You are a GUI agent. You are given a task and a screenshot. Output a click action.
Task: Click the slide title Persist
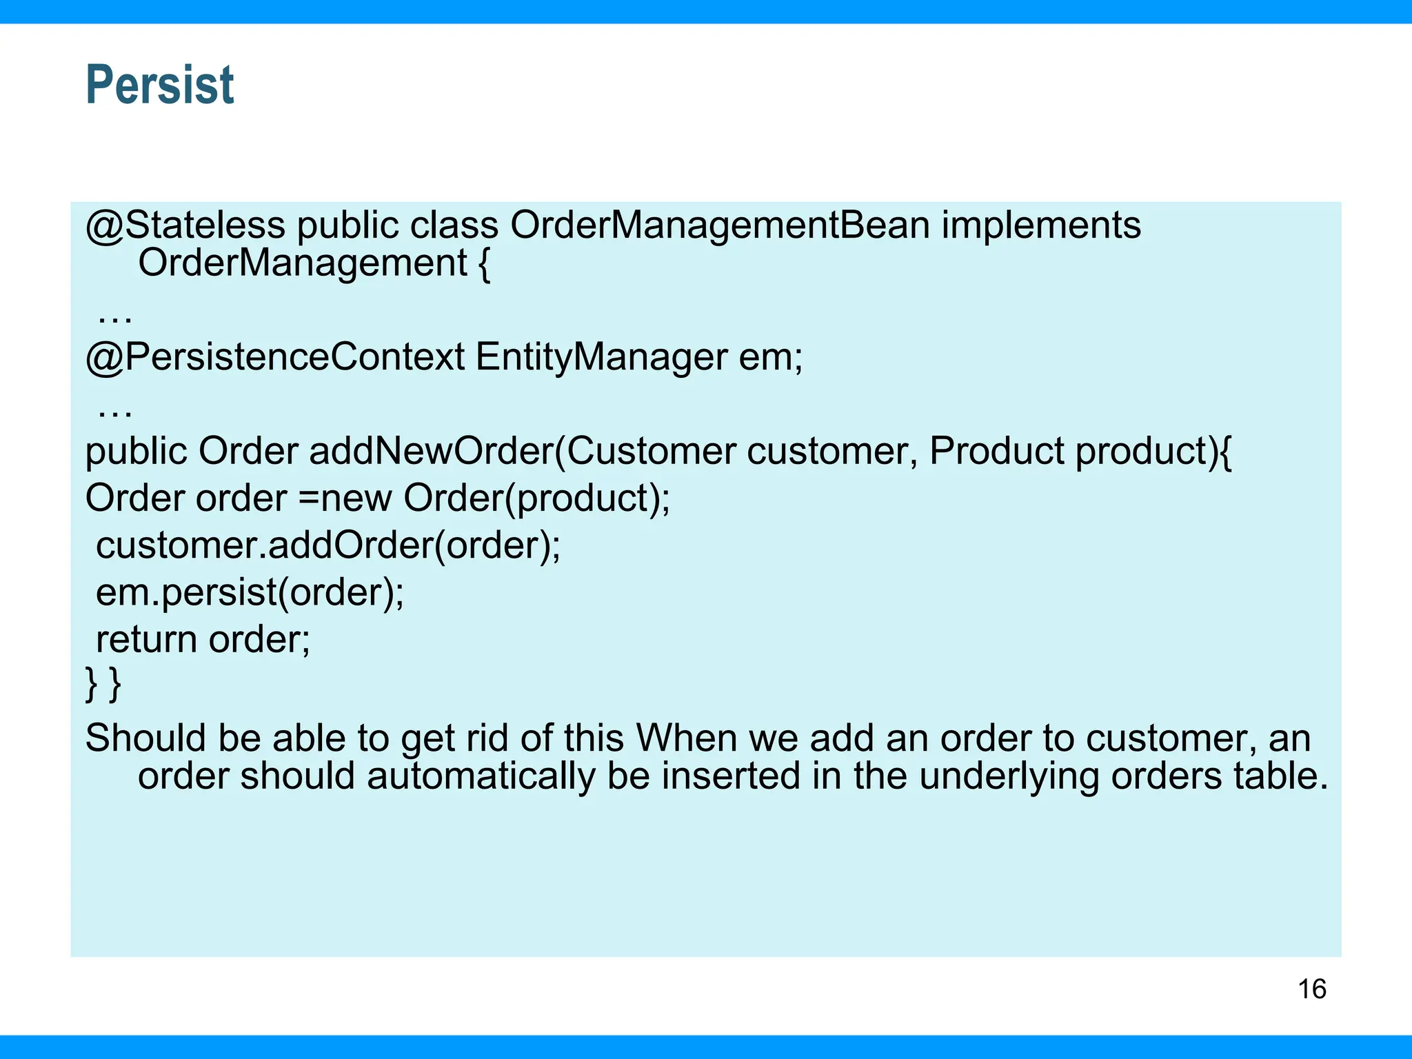(160, 85)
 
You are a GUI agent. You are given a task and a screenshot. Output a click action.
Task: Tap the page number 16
(1311, 989)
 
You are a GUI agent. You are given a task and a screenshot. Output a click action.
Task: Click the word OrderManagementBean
(720, 225)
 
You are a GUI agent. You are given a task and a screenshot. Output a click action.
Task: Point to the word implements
(1041, 225)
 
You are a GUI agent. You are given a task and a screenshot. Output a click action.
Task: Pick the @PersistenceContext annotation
(274, 357)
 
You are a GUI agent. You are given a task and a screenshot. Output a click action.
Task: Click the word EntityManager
(601, 357)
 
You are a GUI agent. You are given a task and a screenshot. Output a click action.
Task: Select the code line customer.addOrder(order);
(328, 545)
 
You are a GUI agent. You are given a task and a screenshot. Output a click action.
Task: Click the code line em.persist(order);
(250, 592)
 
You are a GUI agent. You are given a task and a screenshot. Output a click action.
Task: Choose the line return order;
(203, 639)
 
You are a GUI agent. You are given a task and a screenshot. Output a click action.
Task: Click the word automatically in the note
(481, 776)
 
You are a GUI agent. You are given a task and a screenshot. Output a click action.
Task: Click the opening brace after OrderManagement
(484, 264)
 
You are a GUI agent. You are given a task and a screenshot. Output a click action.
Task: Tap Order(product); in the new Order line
(536, 498)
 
